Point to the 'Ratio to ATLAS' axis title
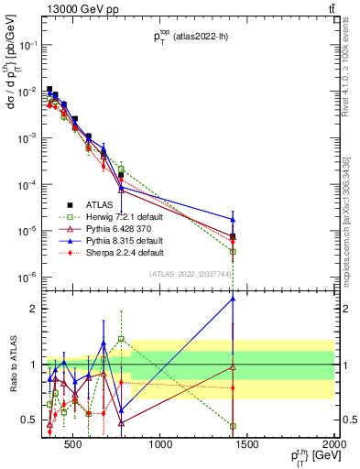coord(10,366)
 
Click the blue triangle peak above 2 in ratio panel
coord(233,298)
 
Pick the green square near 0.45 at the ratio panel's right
coord(233,426)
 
